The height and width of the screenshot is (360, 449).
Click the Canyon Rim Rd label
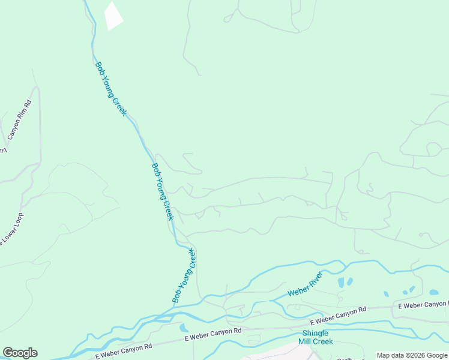20,121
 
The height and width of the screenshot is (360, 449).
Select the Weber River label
305,284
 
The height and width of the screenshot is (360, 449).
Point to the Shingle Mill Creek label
315,337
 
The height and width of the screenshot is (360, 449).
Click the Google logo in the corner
20,353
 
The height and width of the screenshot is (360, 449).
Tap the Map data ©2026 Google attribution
412,355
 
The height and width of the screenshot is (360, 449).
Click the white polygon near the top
113,16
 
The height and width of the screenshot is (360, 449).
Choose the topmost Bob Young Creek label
110,89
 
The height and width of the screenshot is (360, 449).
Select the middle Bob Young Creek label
162,191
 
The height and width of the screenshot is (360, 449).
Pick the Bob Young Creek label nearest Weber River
184,275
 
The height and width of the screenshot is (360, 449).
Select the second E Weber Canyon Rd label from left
213,331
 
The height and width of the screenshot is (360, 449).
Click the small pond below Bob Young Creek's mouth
183,328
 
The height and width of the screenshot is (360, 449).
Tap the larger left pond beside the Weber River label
341,283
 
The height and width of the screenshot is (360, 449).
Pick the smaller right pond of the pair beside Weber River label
349,280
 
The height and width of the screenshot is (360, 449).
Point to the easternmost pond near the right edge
433,293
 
